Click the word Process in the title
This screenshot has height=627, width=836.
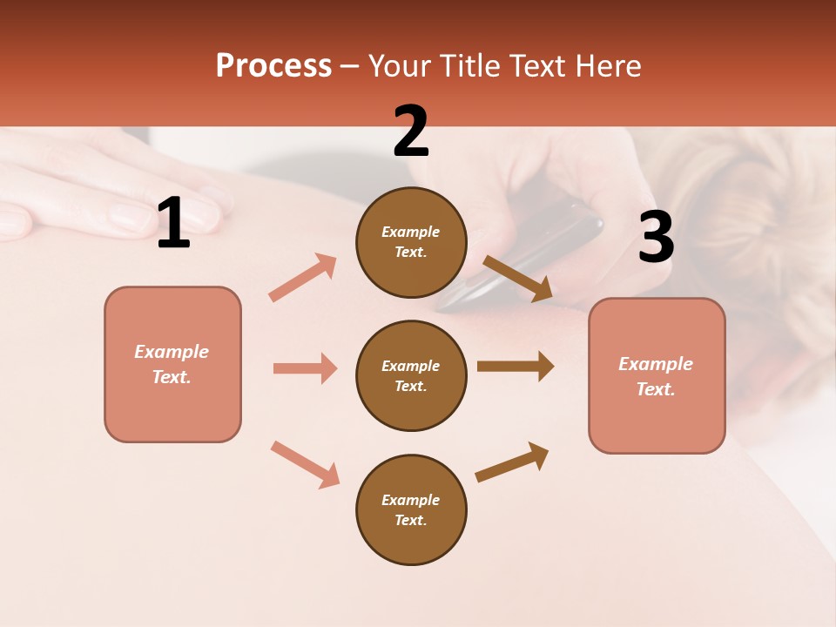273,66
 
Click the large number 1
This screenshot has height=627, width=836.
173,224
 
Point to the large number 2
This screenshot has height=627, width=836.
411,131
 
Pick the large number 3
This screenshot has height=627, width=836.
656,237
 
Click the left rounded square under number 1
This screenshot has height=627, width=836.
172,364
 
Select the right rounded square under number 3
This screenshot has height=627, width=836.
657,376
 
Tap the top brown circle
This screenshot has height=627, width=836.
411,242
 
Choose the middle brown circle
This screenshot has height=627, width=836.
411,375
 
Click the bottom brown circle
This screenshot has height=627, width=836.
411,509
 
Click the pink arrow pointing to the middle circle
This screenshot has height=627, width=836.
305,368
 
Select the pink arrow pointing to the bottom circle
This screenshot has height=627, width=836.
305,464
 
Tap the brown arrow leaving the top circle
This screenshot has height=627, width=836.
517,279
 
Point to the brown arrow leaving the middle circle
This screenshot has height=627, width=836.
516,367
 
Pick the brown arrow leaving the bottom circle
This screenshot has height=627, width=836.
512,462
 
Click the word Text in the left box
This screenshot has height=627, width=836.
171,377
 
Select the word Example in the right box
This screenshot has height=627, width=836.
656,364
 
